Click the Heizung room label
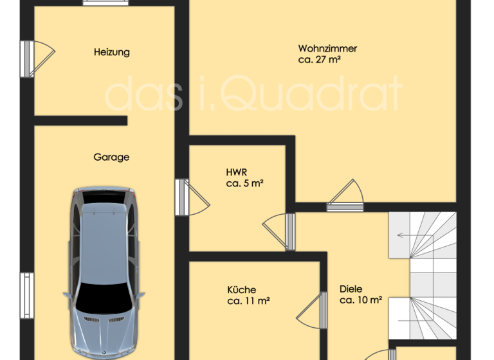111,52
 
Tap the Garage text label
111,157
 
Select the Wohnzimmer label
327,48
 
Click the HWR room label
237,172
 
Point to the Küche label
241,290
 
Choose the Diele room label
351,289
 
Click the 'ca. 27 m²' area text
319,60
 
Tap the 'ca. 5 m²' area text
245,183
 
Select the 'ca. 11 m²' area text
248,300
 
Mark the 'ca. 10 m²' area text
361,300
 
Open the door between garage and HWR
191,196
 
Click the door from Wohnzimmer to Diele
344,195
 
